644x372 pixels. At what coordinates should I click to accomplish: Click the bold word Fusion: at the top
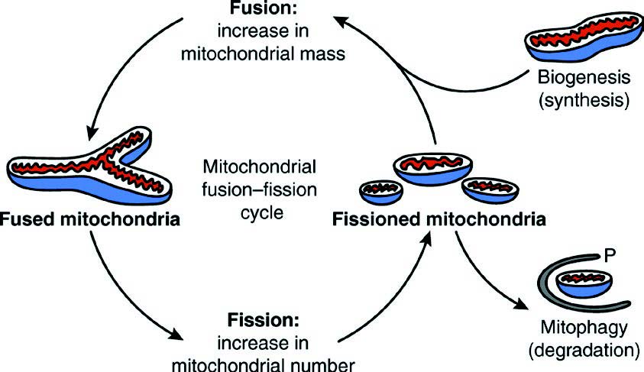(x=264, y=8)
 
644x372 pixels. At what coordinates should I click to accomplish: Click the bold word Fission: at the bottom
(x=264, y=320)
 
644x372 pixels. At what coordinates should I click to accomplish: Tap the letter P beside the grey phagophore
(x=610, y=256)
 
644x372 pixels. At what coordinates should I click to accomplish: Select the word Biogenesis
(x=584, y=77)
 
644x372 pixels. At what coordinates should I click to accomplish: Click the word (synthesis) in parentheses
(x=584, y=100)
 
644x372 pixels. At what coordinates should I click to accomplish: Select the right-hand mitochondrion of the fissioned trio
(x=490, y=190)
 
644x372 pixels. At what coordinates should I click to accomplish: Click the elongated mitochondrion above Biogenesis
(x=584, y=37)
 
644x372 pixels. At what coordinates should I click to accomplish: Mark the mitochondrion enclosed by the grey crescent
(x=584, y=284)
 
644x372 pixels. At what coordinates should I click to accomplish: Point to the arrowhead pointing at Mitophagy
(x=521, y=304)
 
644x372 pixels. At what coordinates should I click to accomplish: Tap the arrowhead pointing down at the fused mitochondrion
(x=93, y=133)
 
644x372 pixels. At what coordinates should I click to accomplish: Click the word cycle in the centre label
(x=261, y=212)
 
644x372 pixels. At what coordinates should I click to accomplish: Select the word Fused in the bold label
(x=27, y=219)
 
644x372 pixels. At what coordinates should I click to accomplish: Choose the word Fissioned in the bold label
(x=377, y=219)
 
